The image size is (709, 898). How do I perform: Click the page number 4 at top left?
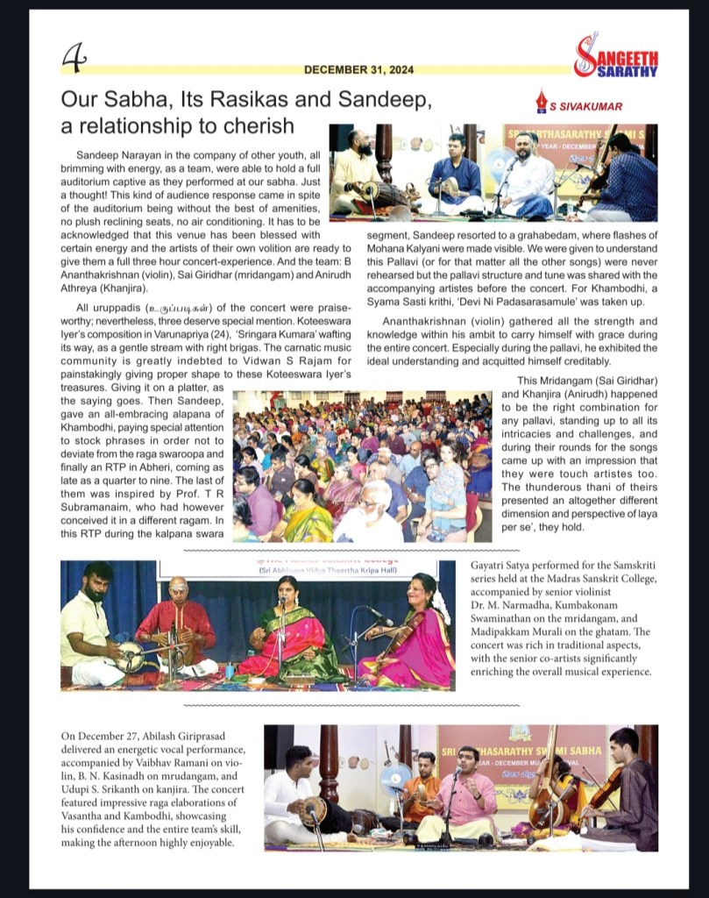pos(74,57)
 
